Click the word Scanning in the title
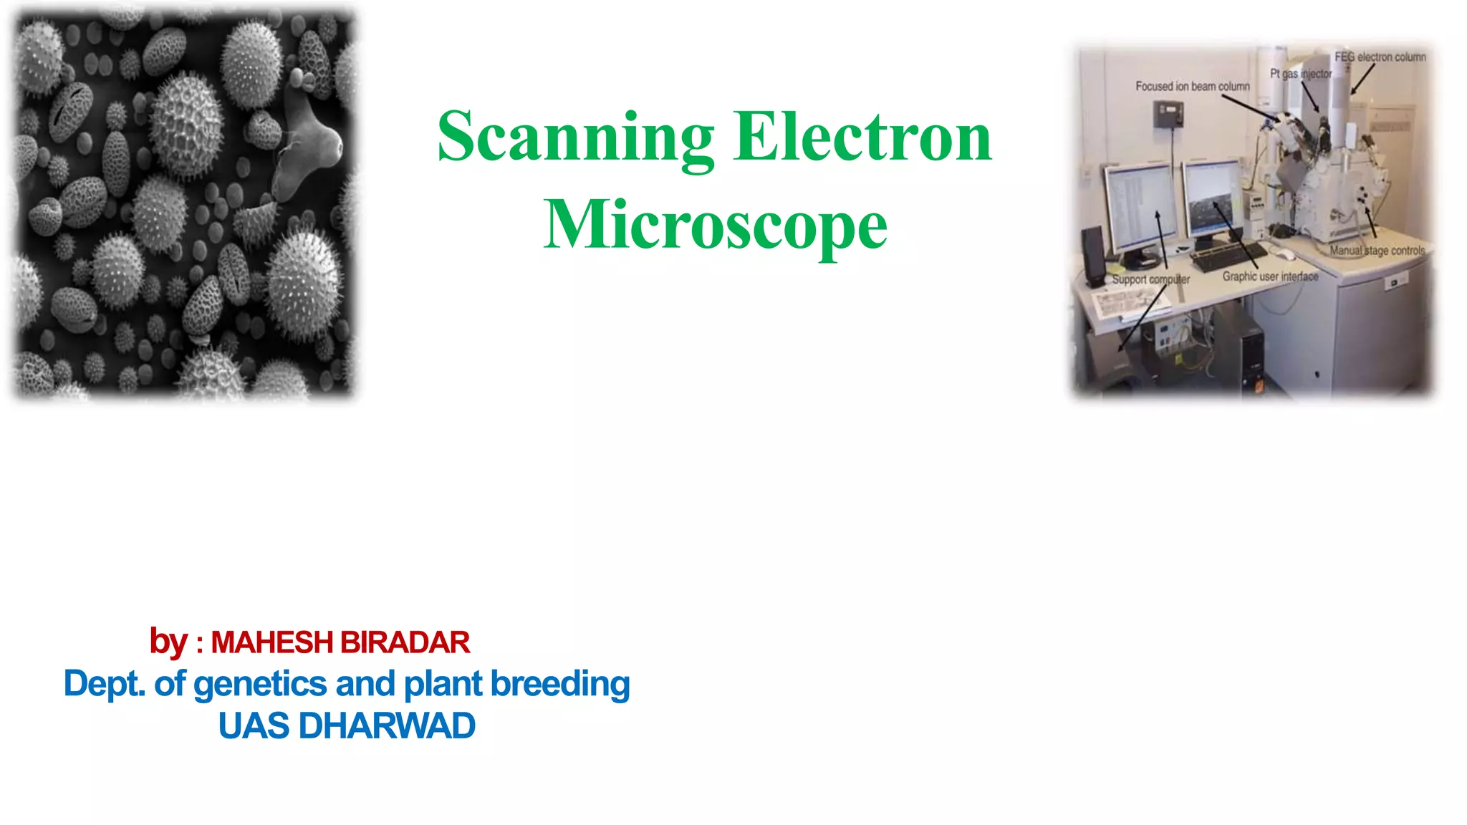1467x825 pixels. click(575, 137)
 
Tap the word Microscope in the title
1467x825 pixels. click(715, 225)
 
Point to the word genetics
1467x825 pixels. click(260, 684)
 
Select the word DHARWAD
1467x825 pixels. click(387, 726)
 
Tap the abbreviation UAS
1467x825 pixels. click(254, 726)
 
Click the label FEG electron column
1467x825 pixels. click(1380, 57)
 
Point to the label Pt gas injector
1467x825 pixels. click(1300, 74)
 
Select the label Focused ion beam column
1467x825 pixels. click(1192, 87)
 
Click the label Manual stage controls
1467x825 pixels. click(1377, 251)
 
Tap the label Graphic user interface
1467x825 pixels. click(1269, 276)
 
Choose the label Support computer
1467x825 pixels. click(1150, 279)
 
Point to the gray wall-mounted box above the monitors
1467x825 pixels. click(1168, 113)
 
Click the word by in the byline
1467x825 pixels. click(168, 642)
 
